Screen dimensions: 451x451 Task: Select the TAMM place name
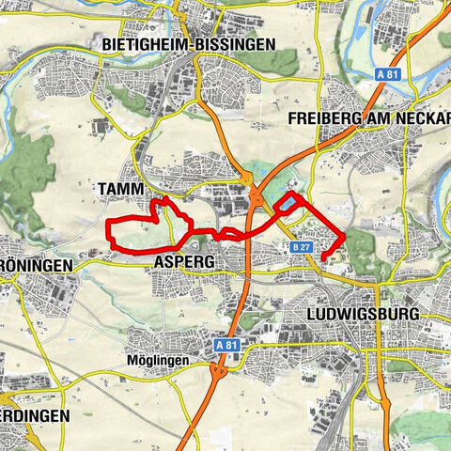[x=120, y=189]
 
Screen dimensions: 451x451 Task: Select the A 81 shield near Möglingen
[x=226, y=345]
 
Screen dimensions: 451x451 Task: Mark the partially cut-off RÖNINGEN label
[x=36, y=266]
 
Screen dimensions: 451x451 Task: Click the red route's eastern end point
[x=323, y=257]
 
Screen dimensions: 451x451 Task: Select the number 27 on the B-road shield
[x=304, y=246]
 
